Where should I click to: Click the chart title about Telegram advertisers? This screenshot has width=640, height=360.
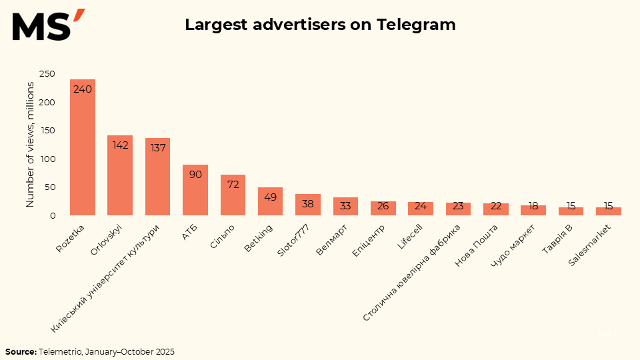click(320, 25)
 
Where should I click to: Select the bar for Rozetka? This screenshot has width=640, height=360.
click(83, 147)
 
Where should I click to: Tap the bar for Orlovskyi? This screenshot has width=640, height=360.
click(120, 175)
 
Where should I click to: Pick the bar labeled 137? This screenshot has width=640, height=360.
click(158, 177)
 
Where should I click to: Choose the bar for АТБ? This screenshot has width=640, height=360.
click(195, 190)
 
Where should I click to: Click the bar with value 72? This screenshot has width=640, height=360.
click(233, 195)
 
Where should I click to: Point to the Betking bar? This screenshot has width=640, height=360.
click(270, 201)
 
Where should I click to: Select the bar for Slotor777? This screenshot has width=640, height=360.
click(308, 205)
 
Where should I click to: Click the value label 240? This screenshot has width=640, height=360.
click(83, 89)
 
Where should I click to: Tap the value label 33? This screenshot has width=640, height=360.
click(345, 206)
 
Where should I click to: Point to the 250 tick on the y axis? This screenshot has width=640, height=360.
click(47, 74)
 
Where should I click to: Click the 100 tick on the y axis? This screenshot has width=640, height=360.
click(47, 159)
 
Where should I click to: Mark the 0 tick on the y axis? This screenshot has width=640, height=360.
click(52, 215)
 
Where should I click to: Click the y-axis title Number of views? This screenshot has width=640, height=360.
click(30, 145)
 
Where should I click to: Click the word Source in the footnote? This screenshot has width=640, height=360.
click(21, 351)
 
